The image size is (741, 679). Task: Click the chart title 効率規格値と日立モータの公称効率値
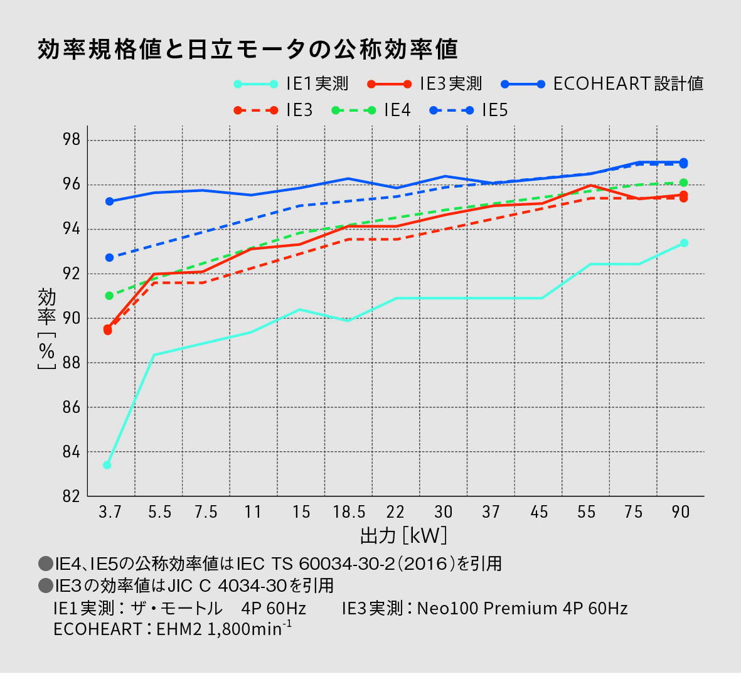pyautogui.click(x=248, y=49)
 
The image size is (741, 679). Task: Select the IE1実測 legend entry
pyautogui.click(x=291, y=83)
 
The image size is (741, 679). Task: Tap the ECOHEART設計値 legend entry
pyautogui.click(x=602, y=83)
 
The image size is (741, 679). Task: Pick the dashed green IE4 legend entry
pyautogui.click(x=371, y=110)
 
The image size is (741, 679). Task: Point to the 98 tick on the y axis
pyautogui.click(x=73, y=140)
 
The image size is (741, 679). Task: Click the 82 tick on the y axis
pyautogui.click(x=73, y=496)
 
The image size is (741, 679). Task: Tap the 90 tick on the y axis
pyautogui.click(x=73, y=318)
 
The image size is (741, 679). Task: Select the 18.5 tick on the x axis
pyautogui.click(x=349, y=512)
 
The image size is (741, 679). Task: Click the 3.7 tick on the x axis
pyautogui.click(x=110, y=512)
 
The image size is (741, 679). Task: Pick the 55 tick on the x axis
pyautogui.click(x=586, y=512)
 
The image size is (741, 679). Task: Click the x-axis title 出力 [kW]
pyautogui.click(x=403, y=536)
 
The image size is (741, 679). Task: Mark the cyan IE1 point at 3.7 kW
pyautogui.click(x=107, y=465)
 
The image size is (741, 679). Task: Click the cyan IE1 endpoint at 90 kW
pyautogui.click(x=684, y=243)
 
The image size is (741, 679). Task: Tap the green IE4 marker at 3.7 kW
pyautogui.click(x=109, y=296)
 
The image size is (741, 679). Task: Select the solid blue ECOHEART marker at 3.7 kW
pyautogui.click(x=109, y=201)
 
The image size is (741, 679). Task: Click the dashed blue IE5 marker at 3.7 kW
pyautogui.click(x=109, y=257)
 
